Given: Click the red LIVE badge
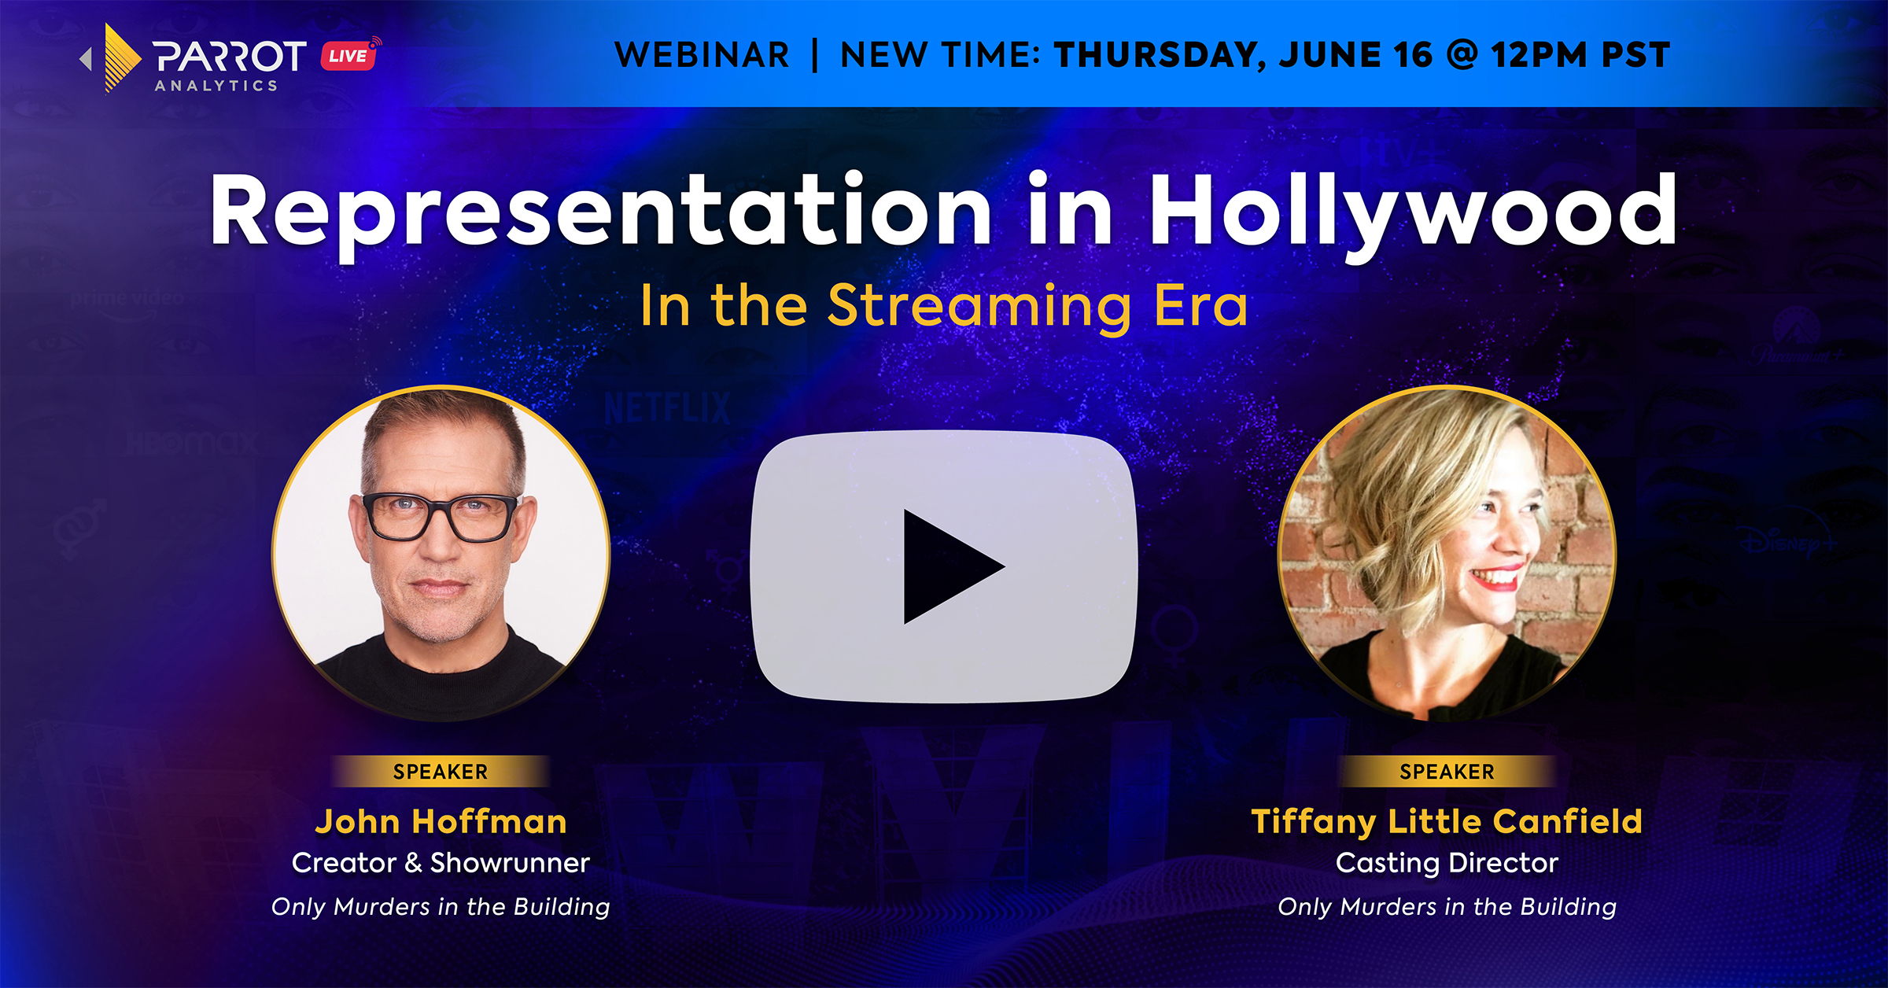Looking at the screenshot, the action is coord(348,55).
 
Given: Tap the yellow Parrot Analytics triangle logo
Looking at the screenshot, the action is coord(120,58).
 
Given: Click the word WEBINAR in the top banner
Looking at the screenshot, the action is coord(702,55).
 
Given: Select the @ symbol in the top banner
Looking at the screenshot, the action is coord(1462,55).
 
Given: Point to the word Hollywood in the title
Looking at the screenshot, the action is coord(1413,211).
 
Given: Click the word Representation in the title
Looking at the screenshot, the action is coord(601,211).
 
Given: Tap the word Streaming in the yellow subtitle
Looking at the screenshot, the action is coord(981,307).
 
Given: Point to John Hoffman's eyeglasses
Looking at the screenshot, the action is coord(441,516).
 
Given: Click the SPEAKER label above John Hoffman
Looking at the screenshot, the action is coord(441,772).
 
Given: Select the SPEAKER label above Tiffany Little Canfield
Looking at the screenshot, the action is coord(1447,772).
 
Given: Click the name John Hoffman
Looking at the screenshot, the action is coord(441,821).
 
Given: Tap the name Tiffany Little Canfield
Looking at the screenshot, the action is coord(1447,822).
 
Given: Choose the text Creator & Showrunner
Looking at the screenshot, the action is coord(441,863).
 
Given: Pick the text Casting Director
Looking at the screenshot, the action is coord(1447,864).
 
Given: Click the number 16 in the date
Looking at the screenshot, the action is coord(1413,55).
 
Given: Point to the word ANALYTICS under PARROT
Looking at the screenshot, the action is coord(216,86).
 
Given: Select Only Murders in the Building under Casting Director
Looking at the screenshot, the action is coord(1447,907).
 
